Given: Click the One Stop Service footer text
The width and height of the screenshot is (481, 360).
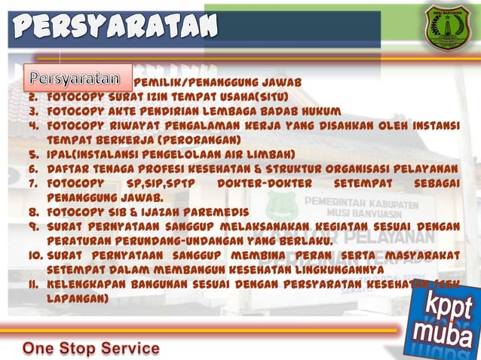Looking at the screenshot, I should coord(91,348).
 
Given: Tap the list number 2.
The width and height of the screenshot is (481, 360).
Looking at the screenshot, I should coord(33,97).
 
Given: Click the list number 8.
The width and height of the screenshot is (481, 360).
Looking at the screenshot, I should coord(33,212).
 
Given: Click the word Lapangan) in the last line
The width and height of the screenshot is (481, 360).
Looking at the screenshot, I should coord(78,298).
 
